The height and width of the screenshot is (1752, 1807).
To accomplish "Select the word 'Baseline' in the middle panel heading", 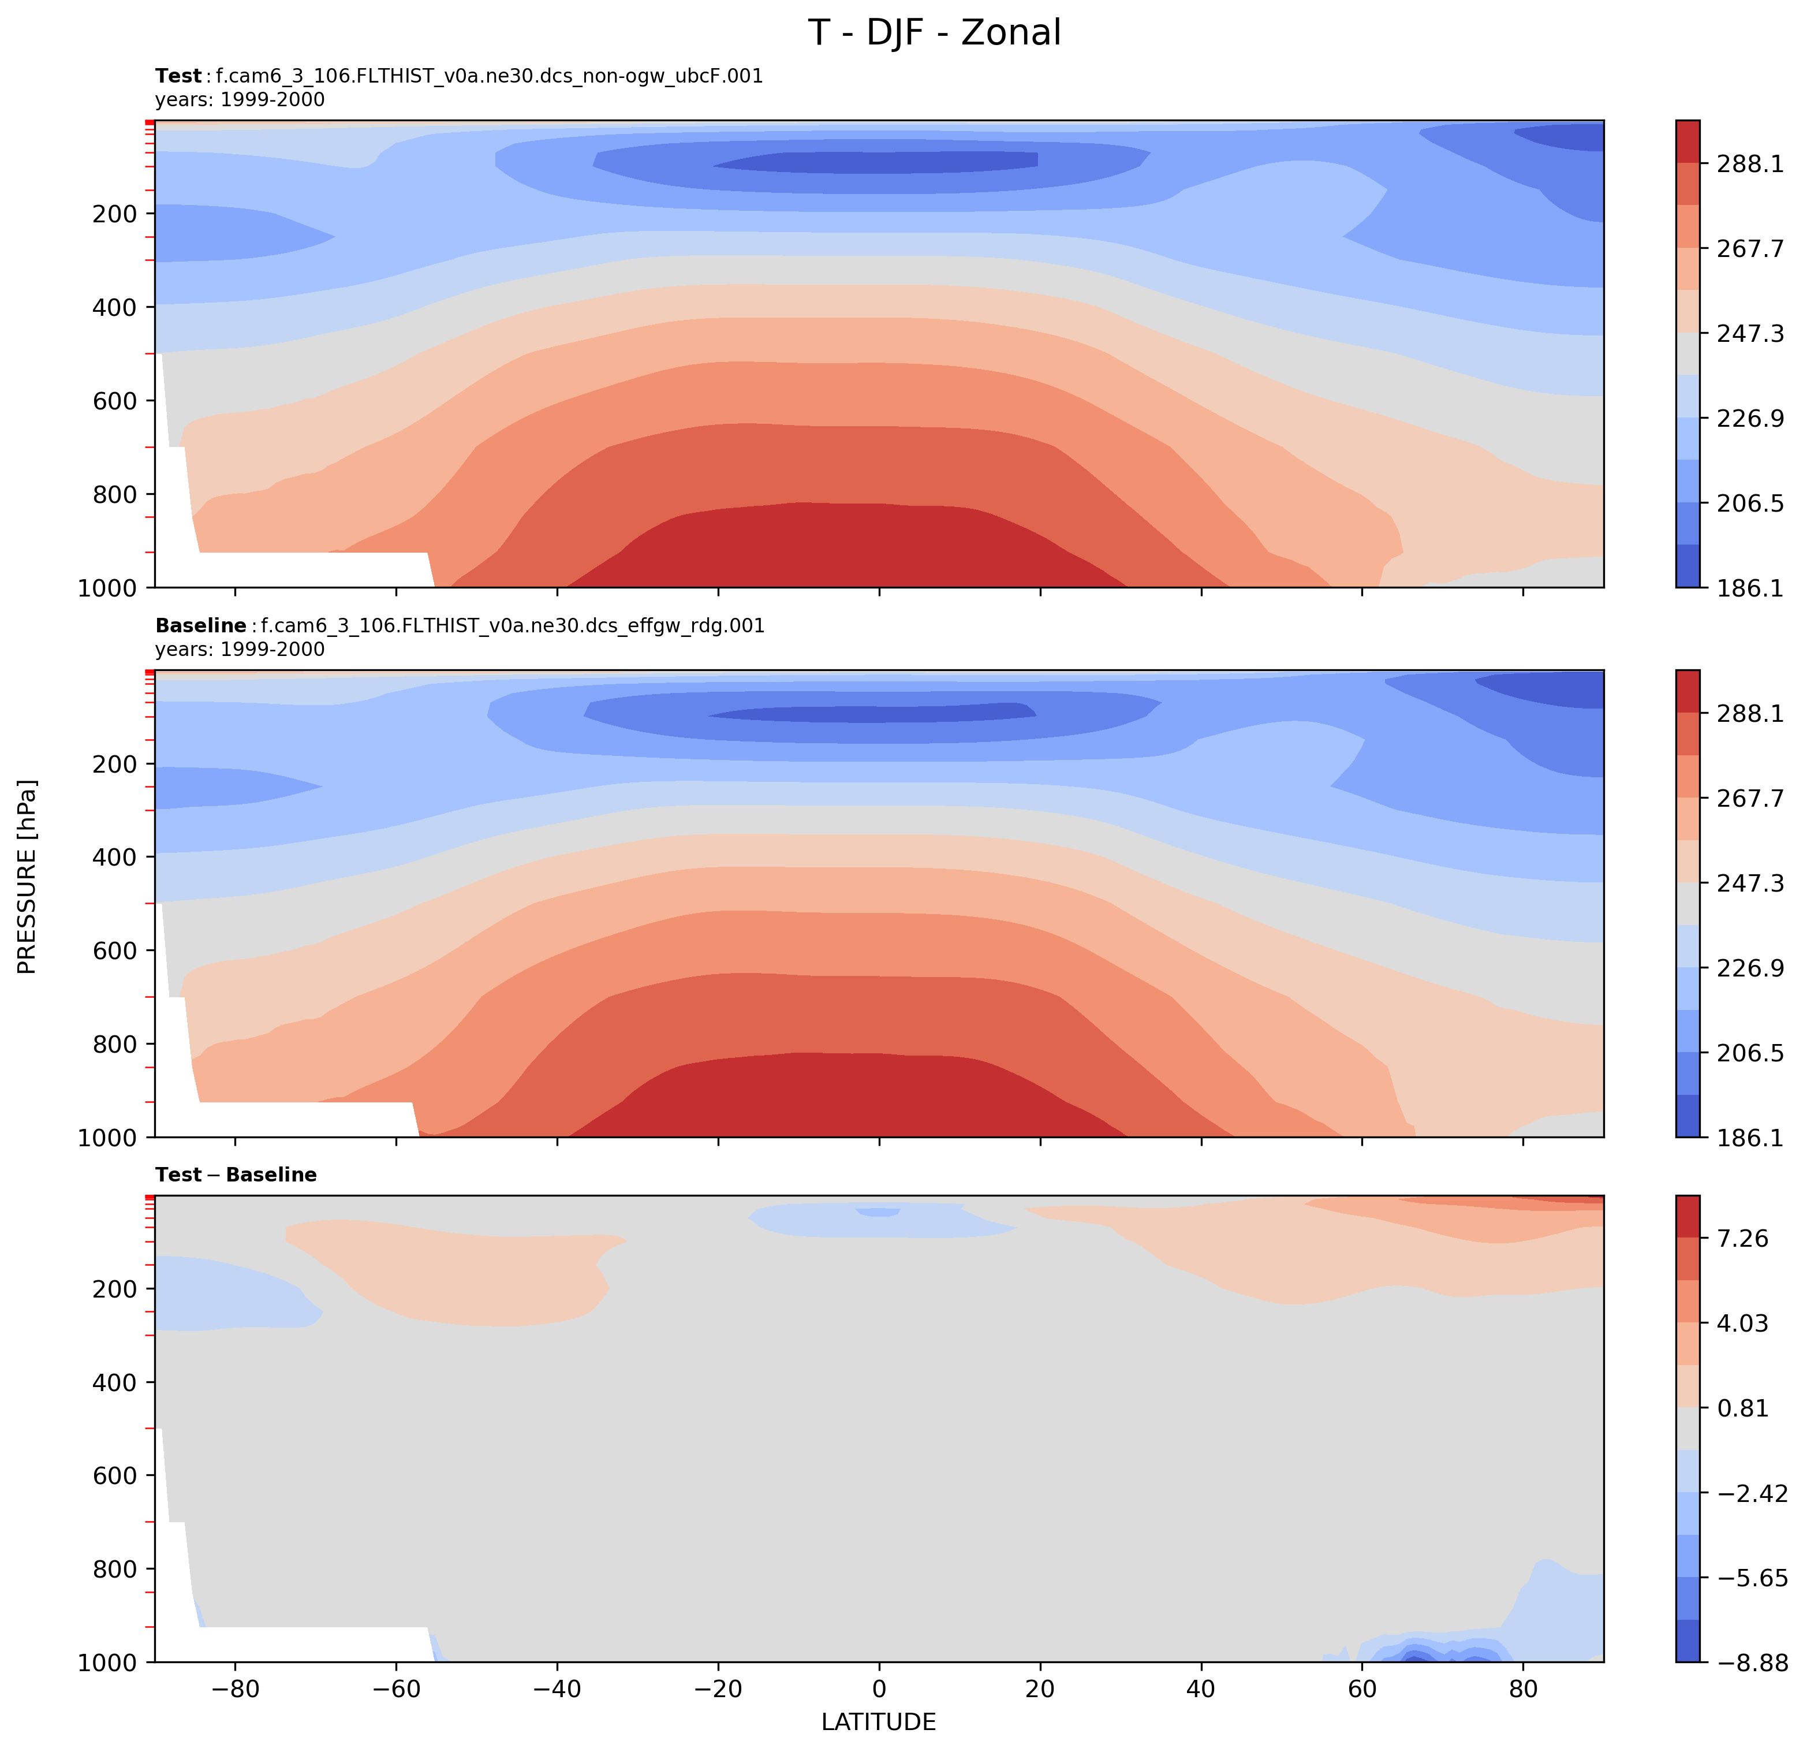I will [200, 626].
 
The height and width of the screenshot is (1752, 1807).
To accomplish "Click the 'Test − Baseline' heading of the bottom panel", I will [236, 1175].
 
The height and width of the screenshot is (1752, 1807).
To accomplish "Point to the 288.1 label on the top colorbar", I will [1749, 164].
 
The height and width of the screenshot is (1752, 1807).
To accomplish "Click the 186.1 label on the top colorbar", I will [1749, 587].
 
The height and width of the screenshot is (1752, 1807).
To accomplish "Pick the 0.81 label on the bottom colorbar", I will [1742, 1408].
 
